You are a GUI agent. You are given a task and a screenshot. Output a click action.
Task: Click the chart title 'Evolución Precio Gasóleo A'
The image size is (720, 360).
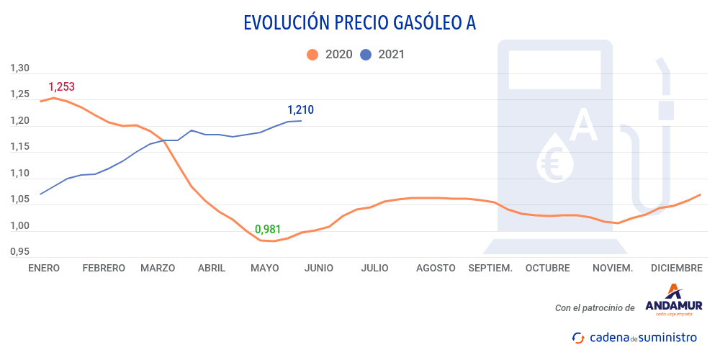pyautogui.click(x=360, y=23)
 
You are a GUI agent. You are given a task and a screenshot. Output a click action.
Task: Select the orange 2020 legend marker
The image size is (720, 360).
pyautogui.click(x=312, y=54)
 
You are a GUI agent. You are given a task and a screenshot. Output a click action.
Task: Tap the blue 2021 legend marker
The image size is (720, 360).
pyautogui.click(x=366, y=54)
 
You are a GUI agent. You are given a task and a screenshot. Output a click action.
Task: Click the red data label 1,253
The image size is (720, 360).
pyautogui.click(x=61, y=87)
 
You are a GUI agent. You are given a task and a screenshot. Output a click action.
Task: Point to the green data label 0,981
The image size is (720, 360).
pyautogui.click(x=268, y=230)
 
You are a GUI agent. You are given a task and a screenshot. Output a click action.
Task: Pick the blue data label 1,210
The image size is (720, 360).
pyautogui.click(x=300, y=110)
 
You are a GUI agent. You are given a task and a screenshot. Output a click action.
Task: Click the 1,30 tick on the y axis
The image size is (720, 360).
pyautogui.click(x=19, y=68)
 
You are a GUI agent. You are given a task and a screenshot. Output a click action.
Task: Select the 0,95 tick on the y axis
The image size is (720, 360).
pyautogui.click(x=19, y=252)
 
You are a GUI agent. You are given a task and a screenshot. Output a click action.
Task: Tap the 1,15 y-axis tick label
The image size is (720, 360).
pyautogui.click(x=19, y=147)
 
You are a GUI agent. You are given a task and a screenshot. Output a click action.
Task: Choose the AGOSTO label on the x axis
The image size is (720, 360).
pyautogui.click(x=436, y=268)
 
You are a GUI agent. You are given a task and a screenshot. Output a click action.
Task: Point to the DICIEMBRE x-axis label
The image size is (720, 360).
pyautogui.click(x=676, y=268)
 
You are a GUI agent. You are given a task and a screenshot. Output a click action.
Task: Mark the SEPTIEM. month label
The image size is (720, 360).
pyautogui.click(x=490, y=268)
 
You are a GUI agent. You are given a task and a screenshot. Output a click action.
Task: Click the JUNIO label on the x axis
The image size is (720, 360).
pyautogui.click(x=319, y=268)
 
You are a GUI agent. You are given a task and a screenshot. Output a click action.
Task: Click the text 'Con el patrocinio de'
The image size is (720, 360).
pyautogui.click(x=595, y=308)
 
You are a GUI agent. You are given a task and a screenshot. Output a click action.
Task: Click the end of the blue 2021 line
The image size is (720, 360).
pyautogui.click(x=301, y=121)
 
